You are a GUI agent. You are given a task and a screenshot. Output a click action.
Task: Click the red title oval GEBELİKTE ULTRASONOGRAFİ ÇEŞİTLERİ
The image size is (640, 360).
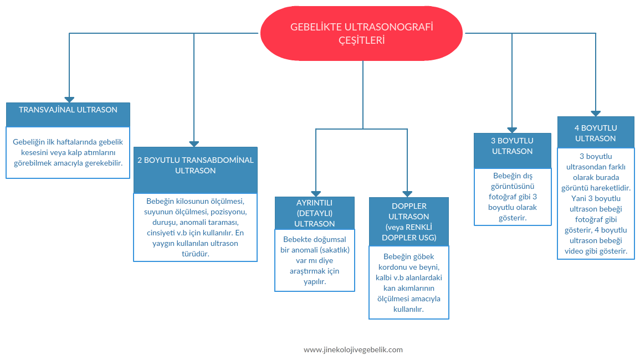point(362,33)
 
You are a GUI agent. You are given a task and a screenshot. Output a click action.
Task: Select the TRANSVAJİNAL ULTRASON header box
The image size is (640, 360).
point(68,114)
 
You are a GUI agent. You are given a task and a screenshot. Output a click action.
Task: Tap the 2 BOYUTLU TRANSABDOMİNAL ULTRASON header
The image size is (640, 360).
point(196,169)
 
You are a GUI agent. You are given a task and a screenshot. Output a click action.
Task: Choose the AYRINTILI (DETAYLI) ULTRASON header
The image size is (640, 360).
point(315,213)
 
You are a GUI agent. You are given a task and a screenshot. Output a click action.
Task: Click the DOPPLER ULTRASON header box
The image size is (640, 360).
point(409,222)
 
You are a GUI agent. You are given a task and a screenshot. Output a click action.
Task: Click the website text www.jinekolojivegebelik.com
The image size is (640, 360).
point(353,349)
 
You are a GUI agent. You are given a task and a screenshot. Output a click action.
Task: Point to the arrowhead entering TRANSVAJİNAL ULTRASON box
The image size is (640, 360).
point(69,99)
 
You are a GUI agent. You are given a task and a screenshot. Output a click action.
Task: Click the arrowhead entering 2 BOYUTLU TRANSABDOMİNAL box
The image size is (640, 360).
point(194,143)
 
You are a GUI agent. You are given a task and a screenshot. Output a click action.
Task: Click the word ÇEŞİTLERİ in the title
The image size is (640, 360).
point(361,40)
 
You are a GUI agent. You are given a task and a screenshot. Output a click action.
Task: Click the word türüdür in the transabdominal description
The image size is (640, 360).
point(195,254)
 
